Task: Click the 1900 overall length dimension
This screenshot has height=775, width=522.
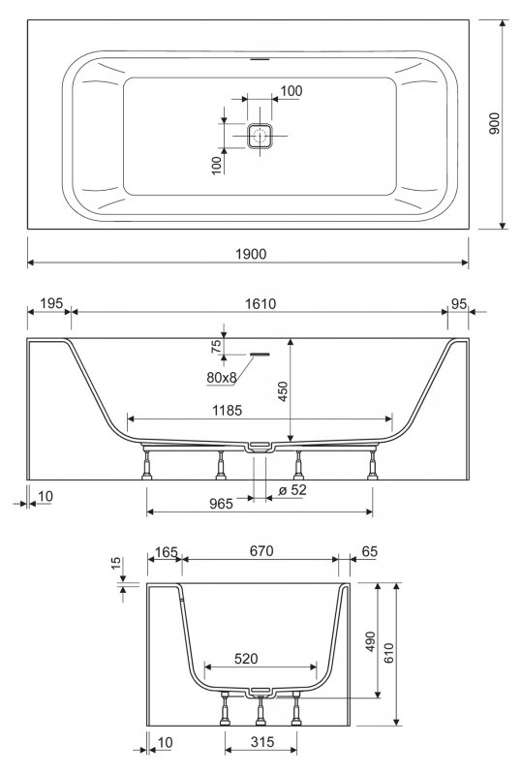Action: tap(251, 254)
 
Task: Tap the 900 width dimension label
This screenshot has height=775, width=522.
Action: tap(494, 123)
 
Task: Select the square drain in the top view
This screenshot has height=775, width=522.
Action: tap(260, 136)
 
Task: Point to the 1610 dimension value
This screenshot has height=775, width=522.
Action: tap(261, 303)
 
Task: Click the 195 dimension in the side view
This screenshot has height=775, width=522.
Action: tap(51, 303)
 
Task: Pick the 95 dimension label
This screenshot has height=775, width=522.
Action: tap(459, 304)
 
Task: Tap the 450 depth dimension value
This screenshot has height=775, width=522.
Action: tap(282, 391)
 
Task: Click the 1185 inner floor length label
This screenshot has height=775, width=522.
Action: tap(227, 410)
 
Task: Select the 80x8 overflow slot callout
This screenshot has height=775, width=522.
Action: tap(222, 378)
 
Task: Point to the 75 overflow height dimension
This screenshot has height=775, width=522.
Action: tap(216, 346)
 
